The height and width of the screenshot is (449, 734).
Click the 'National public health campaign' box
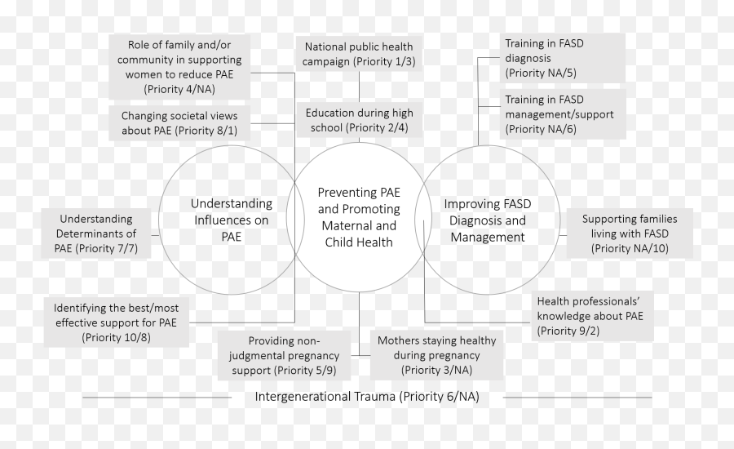pyautogui.click(x=359, y=54)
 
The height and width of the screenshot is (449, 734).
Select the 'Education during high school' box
pyautogui.click(x=359, y=120)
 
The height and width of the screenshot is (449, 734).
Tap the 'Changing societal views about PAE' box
pyautogui.click(x=179, y=122)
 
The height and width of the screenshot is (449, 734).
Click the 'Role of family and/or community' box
pyautogui.click(x=179, y=67)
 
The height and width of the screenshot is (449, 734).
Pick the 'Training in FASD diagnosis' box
pyautogui.click(x=563, y=58)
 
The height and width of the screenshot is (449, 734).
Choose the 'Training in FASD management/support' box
pyautogui.click(x=563, y=114)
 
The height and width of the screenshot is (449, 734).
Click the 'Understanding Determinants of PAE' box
pyautogui.click(x=96, y=233)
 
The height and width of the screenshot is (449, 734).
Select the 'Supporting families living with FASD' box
pyautogui.click(x=630, y=233)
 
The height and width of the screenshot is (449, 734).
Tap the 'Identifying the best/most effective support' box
pyautogui.click(x=116, y=322)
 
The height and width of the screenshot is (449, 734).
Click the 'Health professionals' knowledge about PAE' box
pyautogui.click(x=592, y=316)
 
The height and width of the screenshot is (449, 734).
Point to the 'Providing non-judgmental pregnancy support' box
pyautogui.click(x=284, y=355)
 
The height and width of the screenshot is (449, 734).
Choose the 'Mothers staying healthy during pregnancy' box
pyautogui.click(x=437, y=355)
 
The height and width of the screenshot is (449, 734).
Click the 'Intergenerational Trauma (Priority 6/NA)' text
pyautogui.click(x=367, y=397)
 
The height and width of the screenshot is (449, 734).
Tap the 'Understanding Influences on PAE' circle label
pyautogui.click(x=232, y=220)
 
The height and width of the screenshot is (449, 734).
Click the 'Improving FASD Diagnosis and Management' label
pyautogui.click(x=488, y=220)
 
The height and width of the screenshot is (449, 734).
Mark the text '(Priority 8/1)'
pyautogui.click(x=206, y=131)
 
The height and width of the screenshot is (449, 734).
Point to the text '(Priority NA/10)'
pyautogui.click(x=630, y=248)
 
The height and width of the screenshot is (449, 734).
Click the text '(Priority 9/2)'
pyautogui.click(x=568, y=331)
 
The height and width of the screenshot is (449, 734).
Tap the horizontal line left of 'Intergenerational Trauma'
pyautogui.click(x=157, y=398)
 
